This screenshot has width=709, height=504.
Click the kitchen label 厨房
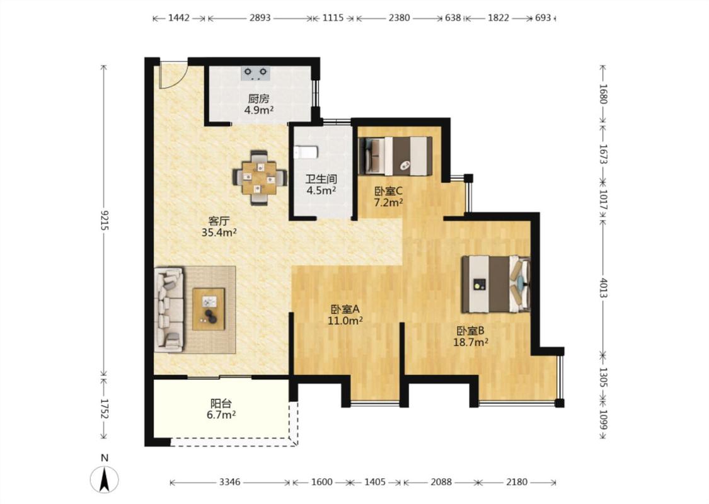coord(258,98)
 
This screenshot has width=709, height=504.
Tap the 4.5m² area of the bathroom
coord(321,190)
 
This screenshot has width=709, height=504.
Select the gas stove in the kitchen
coord(255,73)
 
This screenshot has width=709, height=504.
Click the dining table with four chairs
coord(260,178)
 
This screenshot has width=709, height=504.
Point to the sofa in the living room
coord(169,309)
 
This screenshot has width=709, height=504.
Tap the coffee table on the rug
coord(209,309)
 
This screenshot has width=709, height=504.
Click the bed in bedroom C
coord(395,156)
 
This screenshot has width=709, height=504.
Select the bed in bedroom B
coord(495,284)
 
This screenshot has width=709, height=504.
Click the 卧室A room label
coord(345,309)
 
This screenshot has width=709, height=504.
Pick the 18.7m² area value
coord(471,342)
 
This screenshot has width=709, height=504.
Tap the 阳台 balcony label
coord(221,403)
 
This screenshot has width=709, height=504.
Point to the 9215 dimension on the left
coord(105,220)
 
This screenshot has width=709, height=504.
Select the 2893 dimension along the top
coord(260,18)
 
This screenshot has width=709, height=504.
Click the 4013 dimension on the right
coord(603,287)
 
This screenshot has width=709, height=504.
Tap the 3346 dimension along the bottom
coord(229,483)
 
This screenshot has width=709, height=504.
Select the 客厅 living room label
coord(219,222)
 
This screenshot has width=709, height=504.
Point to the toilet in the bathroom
coord(306,152)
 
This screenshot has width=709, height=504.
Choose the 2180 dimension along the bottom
coord(516,483)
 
